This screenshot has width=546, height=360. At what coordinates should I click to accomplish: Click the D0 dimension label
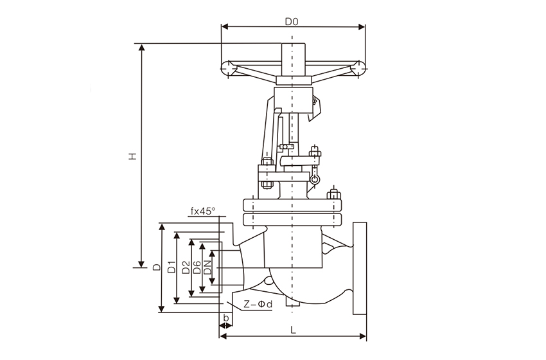tap(292, 21)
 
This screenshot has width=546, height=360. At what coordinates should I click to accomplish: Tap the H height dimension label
tap(132, 156)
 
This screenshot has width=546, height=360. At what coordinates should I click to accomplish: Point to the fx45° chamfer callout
tap(203, 211)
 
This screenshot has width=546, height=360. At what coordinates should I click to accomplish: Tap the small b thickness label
tap(225, 319)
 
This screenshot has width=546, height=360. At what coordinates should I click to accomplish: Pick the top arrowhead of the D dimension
tap(161, 227)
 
